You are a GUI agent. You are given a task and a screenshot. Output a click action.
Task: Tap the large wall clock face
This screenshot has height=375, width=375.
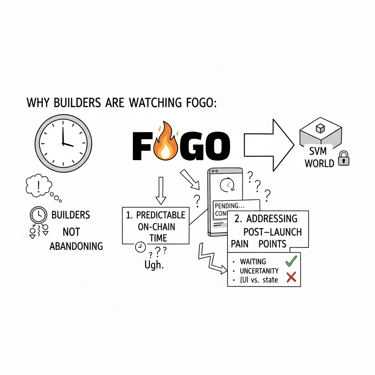[63, 144]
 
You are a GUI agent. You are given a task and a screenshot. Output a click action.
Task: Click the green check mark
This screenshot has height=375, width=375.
[291, 261]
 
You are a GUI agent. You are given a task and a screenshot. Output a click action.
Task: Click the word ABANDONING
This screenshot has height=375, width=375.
[76, 246]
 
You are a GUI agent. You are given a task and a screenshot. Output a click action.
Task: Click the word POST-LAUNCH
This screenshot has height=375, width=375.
[273, 232]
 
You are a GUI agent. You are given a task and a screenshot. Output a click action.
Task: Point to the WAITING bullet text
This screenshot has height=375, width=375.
[253, 261]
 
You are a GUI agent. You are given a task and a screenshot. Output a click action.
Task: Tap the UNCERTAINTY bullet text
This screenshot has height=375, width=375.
[259, 271]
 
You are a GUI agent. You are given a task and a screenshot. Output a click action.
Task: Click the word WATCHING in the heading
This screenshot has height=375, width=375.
[154, 103]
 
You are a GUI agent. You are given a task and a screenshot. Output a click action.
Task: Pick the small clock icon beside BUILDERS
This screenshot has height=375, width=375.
[38, 215]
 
